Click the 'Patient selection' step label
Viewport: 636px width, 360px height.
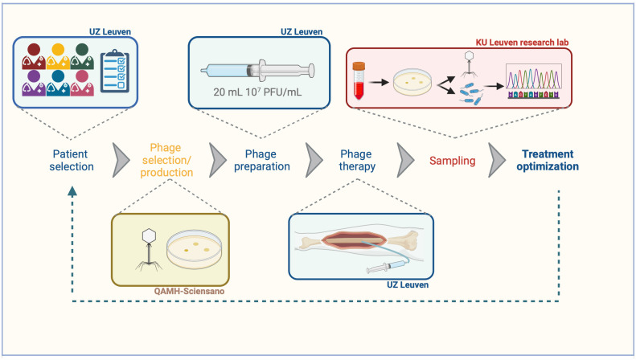(x=72, y=160)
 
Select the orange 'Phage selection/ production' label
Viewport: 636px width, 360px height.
(x=166, y=160)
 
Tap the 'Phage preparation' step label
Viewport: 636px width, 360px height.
(x=261, y=160)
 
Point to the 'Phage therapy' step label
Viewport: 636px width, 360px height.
(x=357, y=160)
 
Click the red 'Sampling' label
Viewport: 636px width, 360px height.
(x=452, y=161)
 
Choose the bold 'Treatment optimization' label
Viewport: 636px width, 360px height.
(x=548, y=160)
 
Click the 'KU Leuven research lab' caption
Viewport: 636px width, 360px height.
(x=522, y=43)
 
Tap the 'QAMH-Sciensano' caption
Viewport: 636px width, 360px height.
(x=189, y=291)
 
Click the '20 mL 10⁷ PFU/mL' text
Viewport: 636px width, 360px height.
(x=257, y=92)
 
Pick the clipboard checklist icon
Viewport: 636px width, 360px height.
(x=115, y=71)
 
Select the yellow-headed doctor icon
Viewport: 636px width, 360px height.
(x=58, y=56)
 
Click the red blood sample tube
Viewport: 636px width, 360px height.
(x=359, y=80)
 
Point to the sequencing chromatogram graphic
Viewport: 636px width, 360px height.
(x=534, y=81)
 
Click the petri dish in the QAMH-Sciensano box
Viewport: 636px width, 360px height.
(x=195, y=249)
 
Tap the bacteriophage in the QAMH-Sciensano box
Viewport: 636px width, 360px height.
(x=149, y=250)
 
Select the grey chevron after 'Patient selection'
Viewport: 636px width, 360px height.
(x=121, y=160)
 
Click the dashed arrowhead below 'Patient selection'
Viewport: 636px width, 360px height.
(x=72, y=192)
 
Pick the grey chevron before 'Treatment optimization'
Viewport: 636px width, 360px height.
(x=497, y=160)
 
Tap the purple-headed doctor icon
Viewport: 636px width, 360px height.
(x=34, y=83)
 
